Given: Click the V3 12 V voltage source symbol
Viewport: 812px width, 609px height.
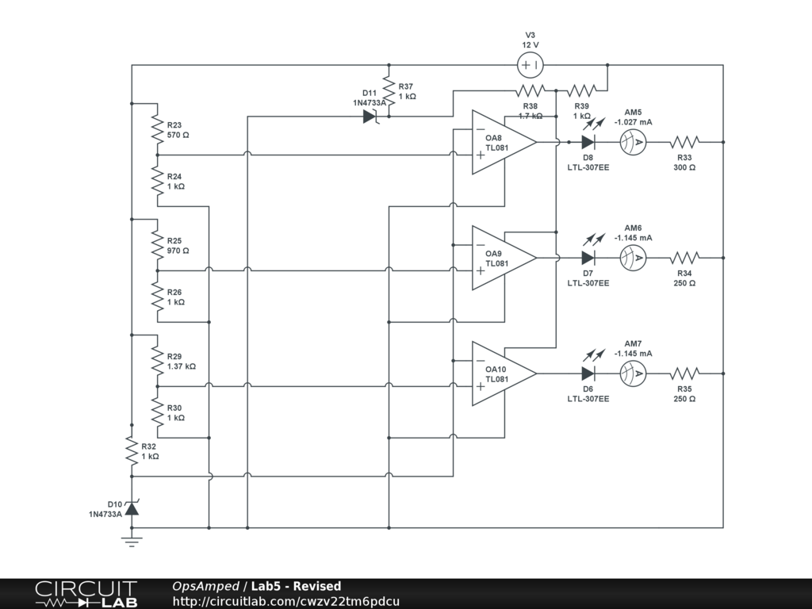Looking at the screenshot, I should pos(530,65).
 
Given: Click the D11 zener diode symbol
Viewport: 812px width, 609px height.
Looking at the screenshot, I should pos(370,117).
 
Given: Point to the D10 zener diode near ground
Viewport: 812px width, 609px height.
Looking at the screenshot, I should pos(132,507).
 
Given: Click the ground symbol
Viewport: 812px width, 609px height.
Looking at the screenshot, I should pos(132,542).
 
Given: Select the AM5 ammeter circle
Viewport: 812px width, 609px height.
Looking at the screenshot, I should pos(633,142).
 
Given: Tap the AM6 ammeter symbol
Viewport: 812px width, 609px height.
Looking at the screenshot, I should pos(633,258).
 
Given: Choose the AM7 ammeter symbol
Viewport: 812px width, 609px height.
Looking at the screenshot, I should pos(633,373).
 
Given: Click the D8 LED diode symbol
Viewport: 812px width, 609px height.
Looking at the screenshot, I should pos(588,142).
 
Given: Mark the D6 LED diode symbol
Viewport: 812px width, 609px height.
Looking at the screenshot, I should pos(588,373).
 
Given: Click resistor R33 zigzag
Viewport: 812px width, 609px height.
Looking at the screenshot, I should pos(684,142).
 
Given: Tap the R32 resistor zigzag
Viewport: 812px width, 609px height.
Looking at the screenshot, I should pos(132,450).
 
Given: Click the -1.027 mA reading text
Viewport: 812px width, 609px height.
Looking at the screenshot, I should pos(633,122).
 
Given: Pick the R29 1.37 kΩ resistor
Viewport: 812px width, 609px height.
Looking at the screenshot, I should pos(158,361).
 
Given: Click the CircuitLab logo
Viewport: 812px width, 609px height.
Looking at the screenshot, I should pos(86,594).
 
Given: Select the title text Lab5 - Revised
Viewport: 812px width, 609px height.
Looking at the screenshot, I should pos(296,587).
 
